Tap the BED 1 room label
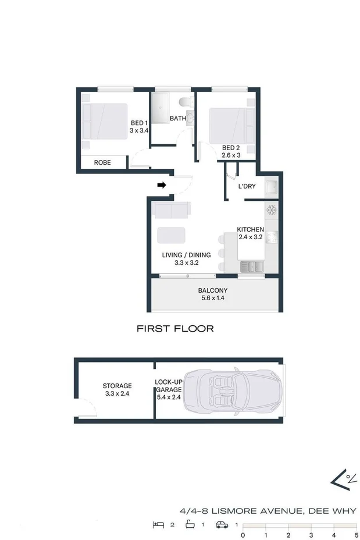point(139,127)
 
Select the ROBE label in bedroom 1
point(102,163)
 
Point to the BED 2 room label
point(231,151)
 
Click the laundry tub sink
point(270,188)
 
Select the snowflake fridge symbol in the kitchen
point(270,209)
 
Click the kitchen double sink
point(251,267)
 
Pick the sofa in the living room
point(171,209)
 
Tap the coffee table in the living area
point(171,235)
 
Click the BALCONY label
point(212,294)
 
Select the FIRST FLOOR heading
point(175,329)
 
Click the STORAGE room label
point(117,389)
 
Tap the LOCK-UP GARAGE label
point(169,389)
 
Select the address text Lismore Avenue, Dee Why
point(268,511)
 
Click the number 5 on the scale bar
point(355,534)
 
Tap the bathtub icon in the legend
point(189,524)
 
